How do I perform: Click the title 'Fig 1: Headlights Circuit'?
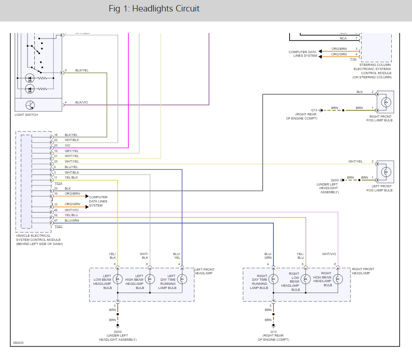point(154,9)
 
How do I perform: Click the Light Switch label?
point(26,115)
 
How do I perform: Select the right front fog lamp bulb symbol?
point(387,102)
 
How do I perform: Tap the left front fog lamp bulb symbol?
point(387,172)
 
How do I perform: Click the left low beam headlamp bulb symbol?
point(118,279)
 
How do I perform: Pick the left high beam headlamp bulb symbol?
point(150,279)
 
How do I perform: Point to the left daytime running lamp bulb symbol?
point(182,279)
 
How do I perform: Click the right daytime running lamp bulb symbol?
point(274,279)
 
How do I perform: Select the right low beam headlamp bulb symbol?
point(306,279)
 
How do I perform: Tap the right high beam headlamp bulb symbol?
point(338,279)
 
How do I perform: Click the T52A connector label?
point(58,183)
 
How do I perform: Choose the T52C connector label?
point(58,226)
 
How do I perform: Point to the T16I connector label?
point(353,60)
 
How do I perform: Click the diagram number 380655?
point(18,343)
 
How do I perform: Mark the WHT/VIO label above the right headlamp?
point(329,254)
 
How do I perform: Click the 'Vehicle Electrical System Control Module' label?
point(39,240)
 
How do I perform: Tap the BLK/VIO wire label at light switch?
point(82,103)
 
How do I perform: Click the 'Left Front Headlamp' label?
point(204,271)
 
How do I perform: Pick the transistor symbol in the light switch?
point(30,104)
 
